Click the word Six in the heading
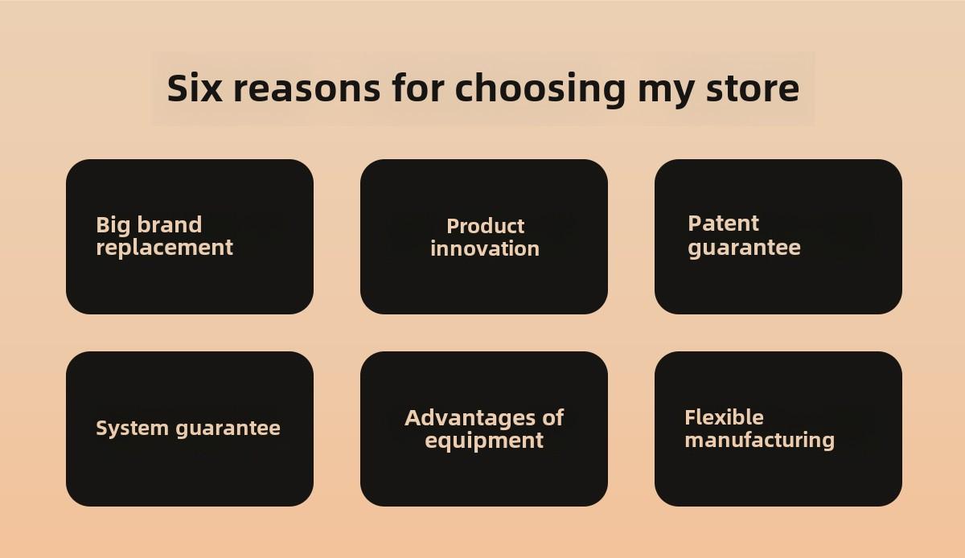point(195,88)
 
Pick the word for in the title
point(418,88)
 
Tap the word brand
point(170,224)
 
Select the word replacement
point(165,248)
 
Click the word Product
point(486,226)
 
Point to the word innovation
point(485,248)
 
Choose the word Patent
point(723,224)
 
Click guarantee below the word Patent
point(745,248)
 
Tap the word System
point(132,429)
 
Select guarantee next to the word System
point(228,429)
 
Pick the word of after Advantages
point(552,417)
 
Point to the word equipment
point(484,441)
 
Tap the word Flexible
point(725,417)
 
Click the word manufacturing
point(760,441)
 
